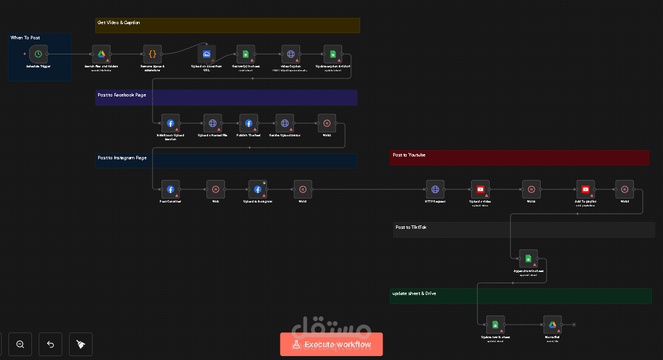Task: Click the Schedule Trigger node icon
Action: pyautogui.click(x=38, y=54)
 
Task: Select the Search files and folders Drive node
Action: pyautogui.click(x=102, y=54)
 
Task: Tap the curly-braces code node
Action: pyautogui.click(x=153, y=54)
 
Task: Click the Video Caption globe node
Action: pyautogui.click(x=291, y=54)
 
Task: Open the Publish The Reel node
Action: pyautogui.click(x=248, y=123)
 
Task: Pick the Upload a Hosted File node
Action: pyautogui.click(x=213, y=123)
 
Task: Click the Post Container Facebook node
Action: pyautogui.click(x=171, y=190)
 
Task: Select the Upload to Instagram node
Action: pyautogui.click(x=258, y=190)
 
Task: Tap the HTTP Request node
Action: pyautogui.click(x=435, y=190)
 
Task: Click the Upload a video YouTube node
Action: pyautogui.click(x=480, y=190)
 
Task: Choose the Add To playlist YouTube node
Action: pyautogui.click(x=586, y=190)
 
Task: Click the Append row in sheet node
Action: pyautogui.click(x=528, y=259)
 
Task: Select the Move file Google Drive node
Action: pyautogui.click(x=552, y=325)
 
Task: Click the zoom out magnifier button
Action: pyautogui.click(x=20, y=344)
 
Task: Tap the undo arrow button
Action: pyautogui.click(x=50, y=344)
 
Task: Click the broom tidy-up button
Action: pyautogui.click(x=81, y=344)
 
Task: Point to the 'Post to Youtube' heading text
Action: pyautogui.click(x=409, y=155)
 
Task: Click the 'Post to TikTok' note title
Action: pyautogui.click(x=411, y=227)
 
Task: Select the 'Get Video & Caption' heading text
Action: pyautogui.click(x=119, y=23)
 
